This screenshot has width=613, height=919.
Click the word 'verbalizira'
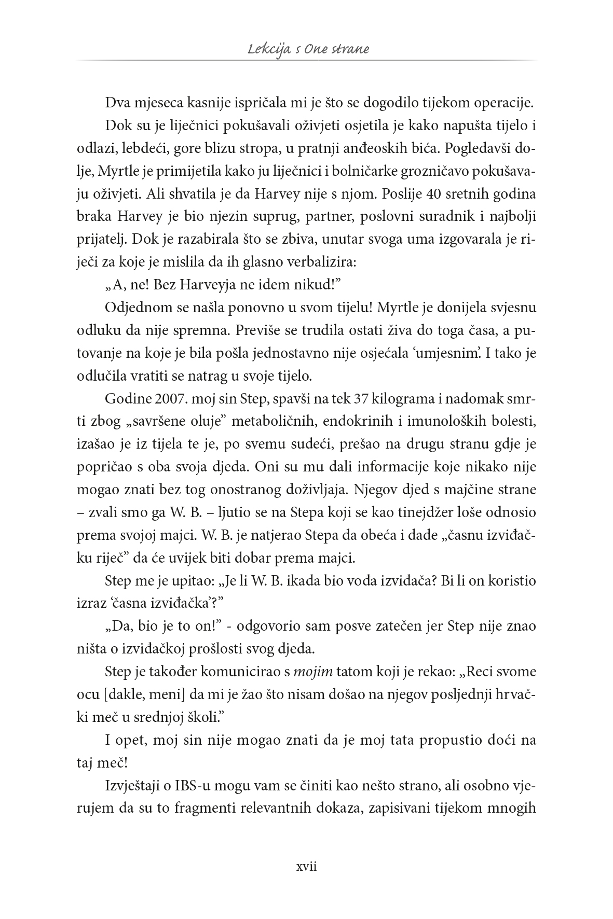point(324,262)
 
